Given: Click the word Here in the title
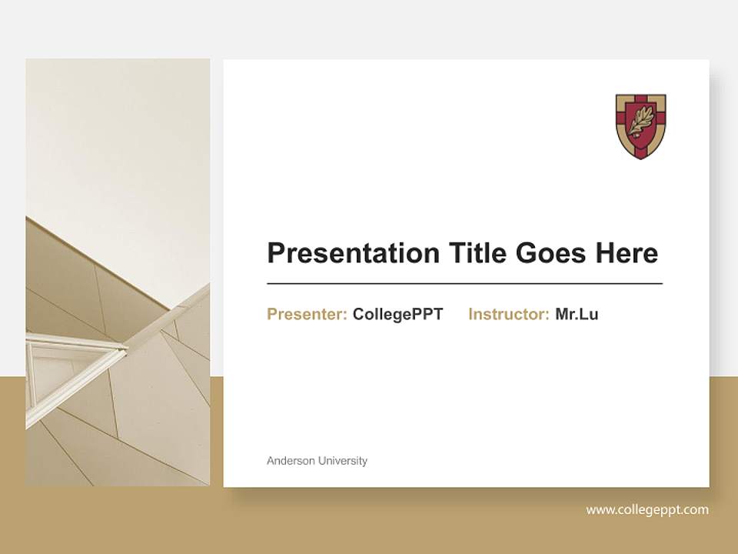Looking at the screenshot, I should (626, 252).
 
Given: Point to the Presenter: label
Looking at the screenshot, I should (307, 314).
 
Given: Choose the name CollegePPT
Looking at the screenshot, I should (397, 314).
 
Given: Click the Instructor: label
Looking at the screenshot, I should (508, 314).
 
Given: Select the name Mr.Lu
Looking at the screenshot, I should (577, 314).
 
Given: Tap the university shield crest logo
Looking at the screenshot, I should (640, 126).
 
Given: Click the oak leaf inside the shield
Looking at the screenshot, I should (640, 122).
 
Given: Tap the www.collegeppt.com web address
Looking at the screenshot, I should (647, 509).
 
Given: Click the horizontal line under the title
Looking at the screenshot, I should (464, 284).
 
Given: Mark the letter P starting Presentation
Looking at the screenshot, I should (276, 252).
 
